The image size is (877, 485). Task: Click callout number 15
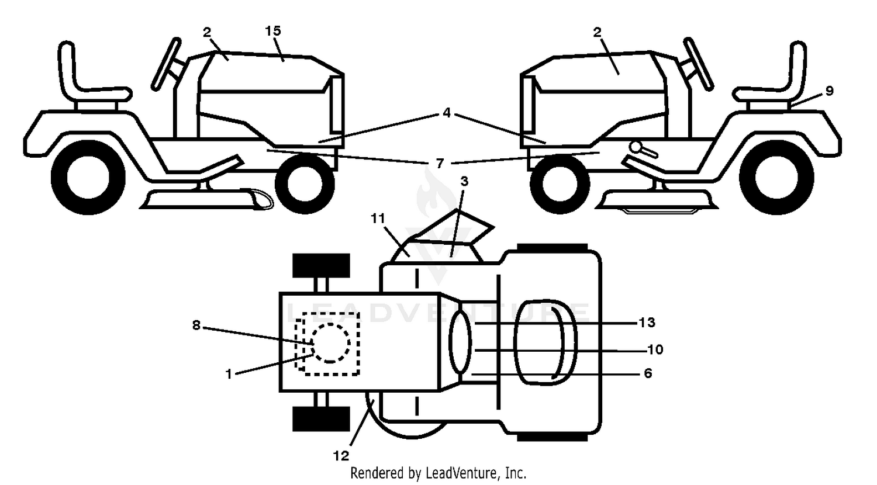point(273,31)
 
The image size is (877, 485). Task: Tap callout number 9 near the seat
point(829,91)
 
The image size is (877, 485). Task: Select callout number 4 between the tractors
point(446,113)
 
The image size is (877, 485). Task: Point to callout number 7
point(440,163)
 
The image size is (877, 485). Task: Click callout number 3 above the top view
point(464,181)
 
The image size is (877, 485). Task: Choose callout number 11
point(378,218)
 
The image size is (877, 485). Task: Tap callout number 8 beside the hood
point(196,325)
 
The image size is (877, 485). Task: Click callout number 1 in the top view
point(229,374)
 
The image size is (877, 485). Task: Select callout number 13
point(647,322)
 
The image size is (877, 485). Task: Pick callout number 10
point(655,349)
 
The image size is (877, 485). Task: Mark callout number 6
point(648,373)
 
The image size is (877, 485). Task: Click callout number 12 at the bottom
point(341,456)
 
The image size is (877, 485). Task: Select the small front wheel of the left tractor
point(305,183)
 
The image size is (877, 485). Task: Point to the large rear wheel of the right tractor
point(776,177)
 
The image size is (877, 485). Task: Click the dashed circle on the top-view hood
point(332,343)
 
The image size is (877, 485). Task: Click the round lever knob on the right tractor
point(636,147)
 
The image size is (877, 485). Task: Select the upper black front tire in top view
point(321,265)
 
